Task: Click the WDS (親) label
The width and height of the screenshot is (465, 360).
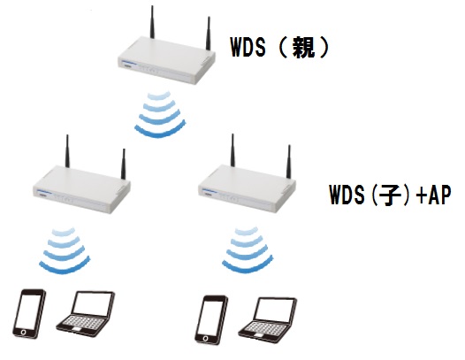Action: click(279, 48)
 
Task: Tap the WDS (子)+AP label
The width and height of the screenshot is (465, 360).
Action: click(390, 195)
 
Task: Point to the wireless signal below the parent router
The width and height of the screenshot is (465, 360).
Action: click(160, 114)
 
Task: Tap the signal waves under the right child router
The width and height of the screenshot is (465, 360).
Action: click(248, 250)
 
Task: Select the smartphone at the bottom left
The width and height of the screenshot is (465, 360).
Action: click(29, 313)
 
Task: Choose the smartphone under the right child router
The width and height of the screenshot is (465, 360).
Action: click(211, 320)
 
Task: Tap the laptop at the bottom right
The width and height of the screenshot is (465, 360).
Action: click(268, 320)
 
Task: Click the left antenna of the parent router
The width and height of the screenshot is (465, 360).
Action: click(152, 22)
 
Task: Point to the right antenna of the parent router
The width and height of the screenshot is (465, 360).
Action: click(209, 34)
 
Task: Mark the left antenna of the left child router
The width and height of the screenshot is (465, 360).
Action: click(67, 151)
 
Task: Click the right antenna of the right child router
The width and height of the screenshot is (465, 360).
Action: click(289, 162)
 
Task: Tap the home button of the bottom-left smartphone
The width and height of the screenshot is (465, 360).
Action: click(24, 332)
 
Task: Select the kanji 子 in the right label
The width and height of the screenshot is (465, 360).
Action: click(386, 195)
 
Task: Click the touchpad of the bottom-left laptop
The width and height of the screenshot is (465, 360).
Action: click(77, 329)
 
